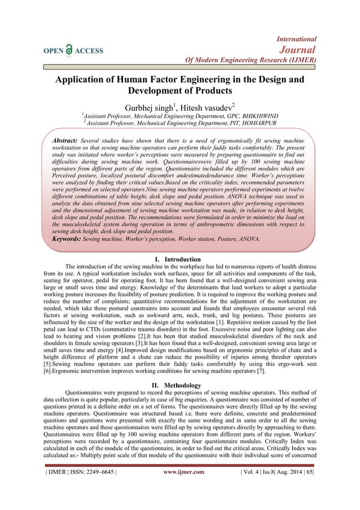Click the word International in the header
296,39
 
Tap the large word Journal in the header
299,49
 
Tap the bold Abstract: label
61,140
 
